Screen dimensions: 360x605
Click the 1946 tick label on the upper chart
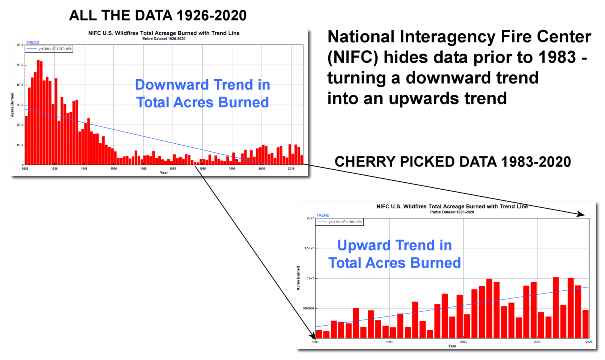tap(84, 169)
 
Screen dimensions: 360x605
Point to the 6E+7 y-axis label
tap(20, 45)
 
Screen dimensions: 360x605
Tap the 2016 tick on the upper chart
tap(291, 169)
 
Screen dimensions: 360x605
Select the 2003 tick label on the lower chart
tap(463, 342)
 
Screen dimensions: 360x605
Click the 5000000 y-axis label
tap(305, 308)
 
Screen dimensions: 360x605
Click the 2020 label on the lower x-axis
tap(589, 342)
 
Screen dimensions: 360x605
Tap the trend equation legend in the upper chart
tap(50, 49)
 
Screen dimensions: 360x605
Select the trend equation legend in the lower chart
tap(340, 222)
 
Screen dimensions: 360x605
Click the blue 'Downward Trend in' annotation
tap(202, 85)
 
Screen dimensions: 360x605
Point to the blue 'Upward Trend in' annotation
tap(394, 245)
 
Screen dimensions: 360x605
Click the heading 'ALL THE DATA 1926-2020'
tap(158, 15)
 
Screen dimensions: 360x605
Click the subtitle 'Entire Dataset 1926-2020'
tap(160, 39)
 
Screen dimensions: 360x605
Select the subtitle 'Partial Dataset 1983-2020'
tap(452, 212)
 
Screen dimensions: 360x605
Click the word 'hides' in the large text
tap(404, 59)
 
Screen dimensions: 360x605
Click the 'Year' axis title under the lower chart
tap(452, 346)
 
